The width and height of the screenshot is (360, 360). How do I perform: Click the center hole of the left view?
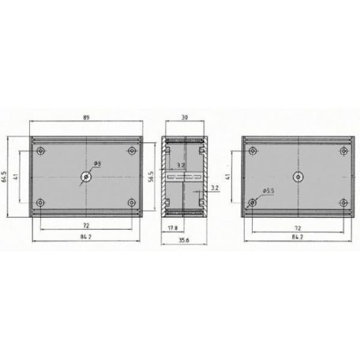pos(85,177)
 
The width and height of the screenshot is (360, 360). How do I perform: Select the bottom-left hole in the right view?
pos(252,203)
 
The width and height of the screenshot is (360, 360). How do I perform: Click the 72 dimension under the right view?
pos(298,225)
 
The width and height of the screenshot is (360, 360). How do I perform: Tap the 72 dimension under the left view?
pos(86,225)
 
